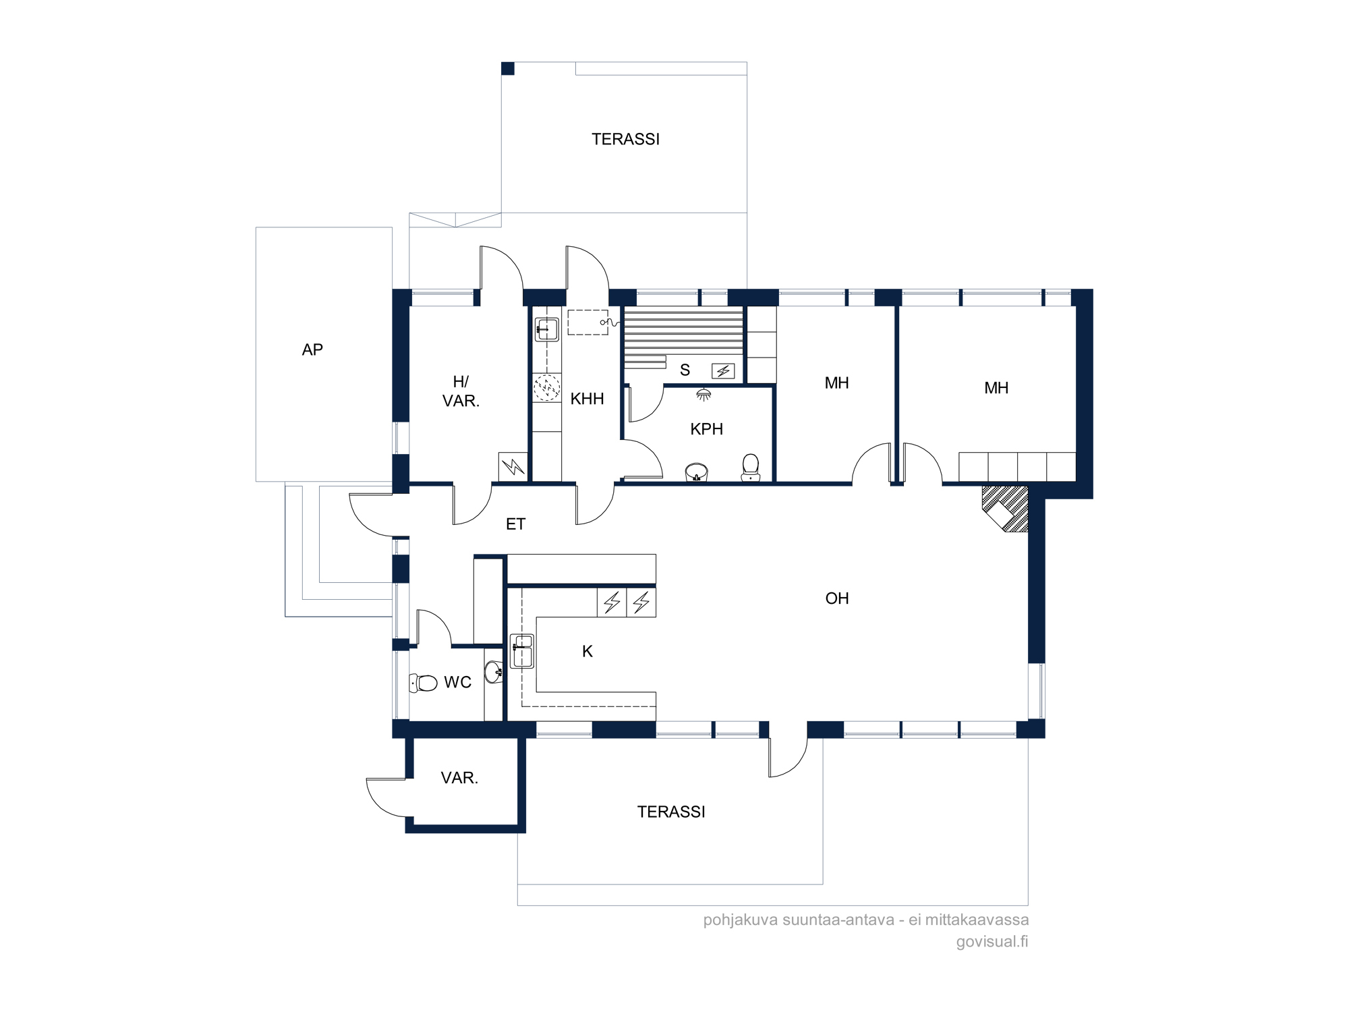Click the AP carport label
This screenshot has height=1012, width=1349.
pyautogui.click(x=312, y=349)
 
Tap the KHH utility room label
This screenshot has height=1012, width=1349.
pyautogui.click(x=587, y=399)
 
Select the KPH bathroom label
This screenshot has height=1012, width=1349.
pyautogui.click(x=706, y=429)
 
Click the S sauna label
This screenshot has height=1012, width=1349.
pyautogui.click(x=685, y=370)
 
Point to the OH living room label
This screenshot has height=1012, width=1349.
pyautogui.click(x=836, y=598)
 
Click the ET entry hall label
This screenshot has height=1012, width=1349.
pyautogui.click(x=515, y=524)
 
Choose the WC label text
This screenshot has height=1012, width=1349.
pyautogui.click(x=457, y=682)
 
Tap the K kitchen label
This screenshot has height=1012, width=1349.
pyautogui.click(x=587, y=651)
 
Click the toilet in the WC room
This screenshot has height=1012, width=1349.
pyautogui.click(x=423, y=683)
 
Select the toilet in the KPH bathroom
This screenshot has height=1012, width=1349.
pyautogui.click(x=751, y=468)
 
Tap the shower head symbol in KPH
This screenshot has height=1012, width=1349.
pyautogui.click(x=704, y=395)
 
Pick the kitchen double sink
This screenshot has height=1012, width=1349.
pyautogui.click(x=521, y=651)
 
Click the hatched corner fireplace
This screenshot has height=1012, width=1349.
pyautogui.click(x=1005, y=509)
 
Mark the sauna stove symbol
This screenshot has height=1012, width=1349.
pyautogui.click(x=723, y=371)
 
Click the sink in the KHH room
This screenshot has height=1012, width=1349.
pyautogui.click(x=547, y=329)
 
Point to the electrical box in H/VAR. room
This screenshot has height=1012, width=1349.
pyautogui.click(x=513, y=466)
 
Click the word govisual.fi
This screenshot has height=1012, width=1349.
pyautogui.click(x=992, y=941)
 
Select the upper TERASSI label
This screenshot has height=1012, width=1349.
pyautogui.click(x=625, y=139)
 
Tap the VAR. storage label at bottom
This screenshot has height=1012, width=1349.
pyautogui.click(x=459, y=778)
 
